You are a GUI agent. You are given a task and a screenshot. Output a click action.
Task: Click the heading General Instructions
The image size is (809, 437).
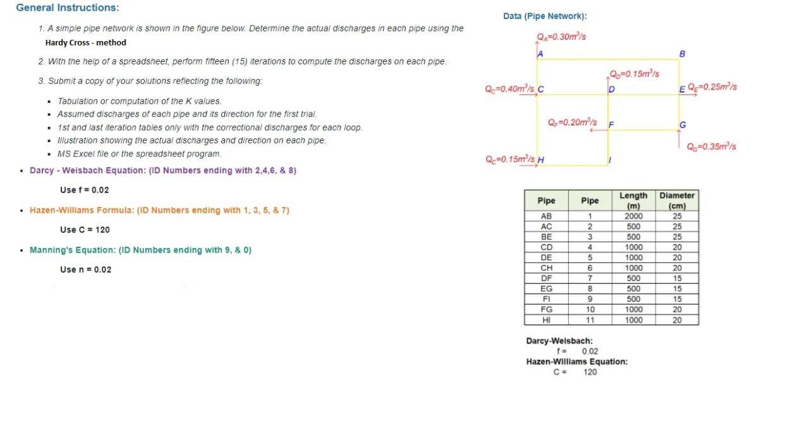click(x=68, y=8)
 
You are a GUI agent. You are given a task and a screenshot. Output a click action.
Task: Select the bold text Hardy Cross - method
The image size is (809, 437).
click(x=85, y=43)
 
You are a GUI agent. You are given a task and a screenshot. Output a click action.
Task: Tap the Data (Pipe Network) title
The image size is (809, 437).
click(x=545, y=16)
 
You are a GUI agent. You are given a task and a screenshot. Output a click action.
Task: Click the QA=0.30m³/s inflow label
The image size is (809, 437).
click(x=561, y=37)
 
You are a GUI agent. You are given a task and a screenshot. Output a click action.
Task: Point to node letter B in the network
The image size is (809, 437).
click(x=682, y=54)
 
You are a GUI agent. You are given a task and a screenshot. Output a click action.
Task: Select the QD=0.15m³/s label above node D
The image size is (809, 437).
click(x=634, y=74)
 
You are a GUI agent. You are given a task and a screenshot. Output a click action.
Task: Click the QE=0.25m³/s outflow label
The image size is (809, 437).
click(x=712, y=87)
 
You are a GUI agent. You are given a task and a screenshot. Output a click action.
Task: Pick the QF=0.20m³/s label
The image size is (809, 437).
click(x=572, y=122)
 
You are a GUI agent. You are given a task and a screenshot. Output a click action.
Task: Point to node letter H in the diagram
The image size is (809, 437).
click(x=540, y=160)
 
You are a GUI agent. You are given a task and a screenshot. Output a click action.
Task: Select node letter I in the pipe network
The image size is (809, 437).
click(x=609, y=160)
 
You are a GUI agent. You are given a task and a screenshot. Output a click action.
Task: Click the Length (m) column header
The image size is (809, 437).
click(x=633, y=201)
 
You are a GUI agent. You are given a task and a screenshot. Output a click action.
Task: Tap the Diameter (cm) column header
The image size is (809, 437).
click(x=677, y=201)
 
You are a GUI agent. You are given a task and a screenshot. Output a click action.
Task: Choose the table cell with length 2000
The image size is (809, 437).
click(x=633, y=216)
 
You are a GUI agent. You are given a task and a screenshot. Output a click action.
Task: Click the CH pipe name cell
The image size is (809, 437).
click(x=546, y=268)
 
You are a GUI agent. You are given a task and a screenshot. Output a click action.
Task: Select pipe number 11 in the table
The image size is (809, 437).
click(x=590, y=320)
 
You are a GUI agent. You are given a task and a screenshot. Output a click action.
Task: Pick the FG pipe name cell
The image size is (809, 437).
click(x=546, y=309)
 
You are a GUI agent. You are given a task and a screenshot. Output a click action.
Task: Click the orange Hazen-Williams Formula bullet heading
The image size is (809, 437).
click(x=159, y=210)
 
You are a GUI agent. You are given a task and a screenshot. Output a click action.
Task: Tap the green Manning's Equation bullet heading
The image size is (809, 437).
click(x=140, y=250)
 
